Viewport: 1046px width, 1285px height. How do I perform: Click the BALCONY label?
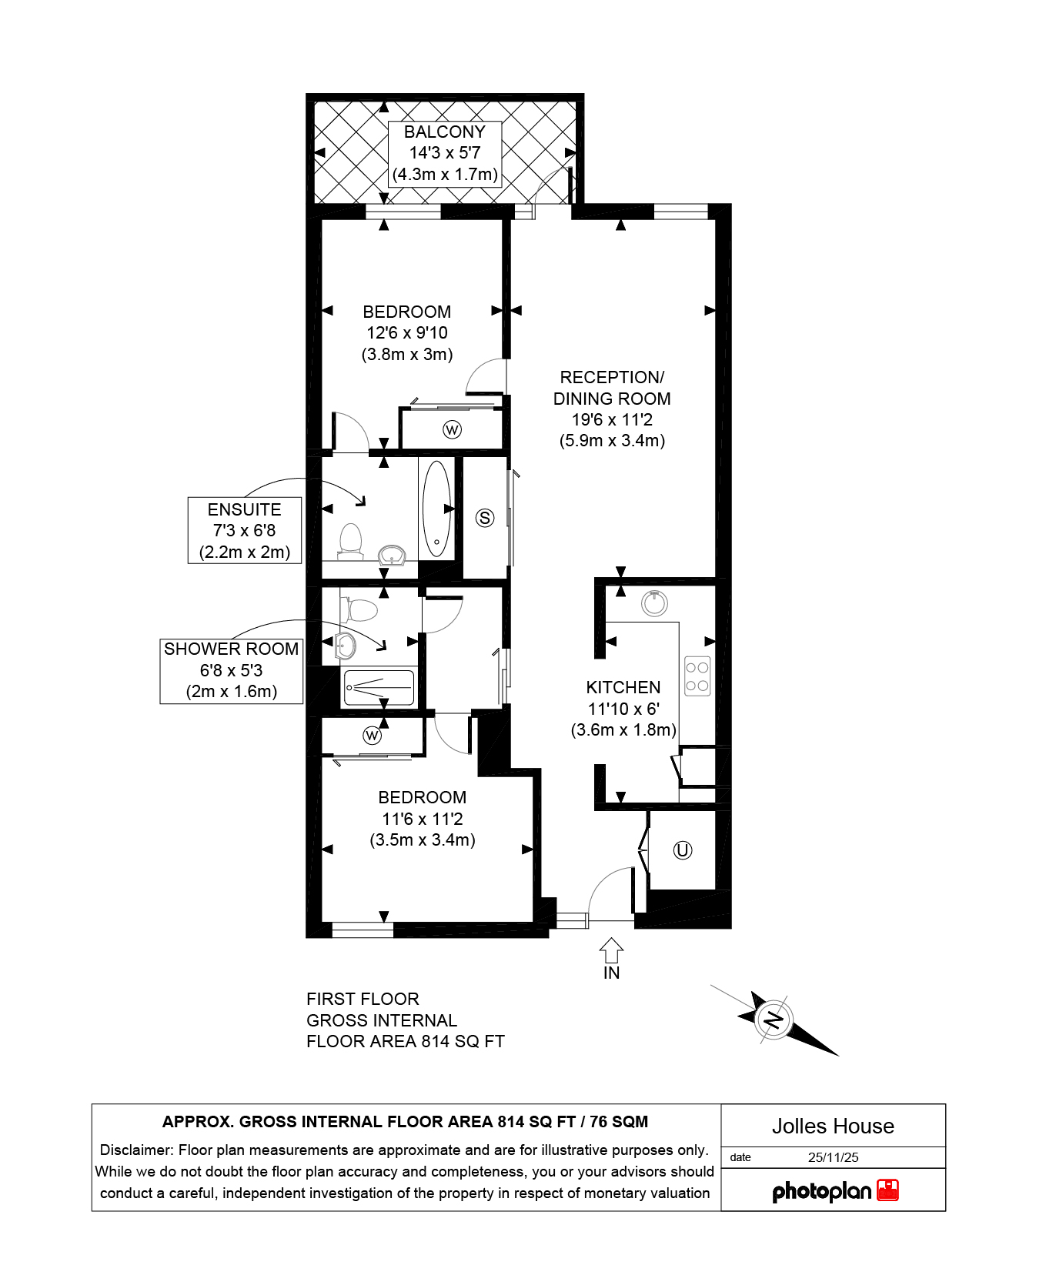coord(445,132)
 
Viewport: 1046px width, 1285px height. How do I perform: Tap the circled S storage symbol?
coord(485,518)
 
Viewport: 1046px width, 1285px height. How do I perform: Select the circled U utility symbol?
coord(683,850)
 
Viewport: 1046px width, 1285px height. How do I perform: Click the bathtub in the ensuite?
coord(436,508)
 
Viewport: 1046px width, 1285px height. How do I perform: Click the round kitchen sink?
coord(654,603)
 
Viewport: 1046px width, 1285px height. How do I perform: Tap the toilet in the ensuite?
coord(350,541)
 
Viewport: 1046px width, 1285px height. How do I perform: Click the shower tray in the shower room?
coord(379,687)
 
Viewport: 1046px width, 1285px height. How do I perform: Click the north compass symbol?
coord(774,1021)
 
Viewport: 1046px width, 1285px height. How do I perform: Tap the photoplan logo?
coord(835,1192)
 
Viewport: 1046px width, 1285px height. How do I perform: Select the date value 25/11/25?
coord(834,1157)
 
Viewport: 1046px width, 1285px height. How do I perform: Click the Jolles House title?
coord(833,1126)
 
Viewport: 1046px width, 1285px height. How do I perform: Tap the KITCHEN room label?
coord(623,687)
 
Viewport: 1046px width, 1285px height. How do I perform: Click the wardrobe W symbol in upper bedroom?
coord(452,429)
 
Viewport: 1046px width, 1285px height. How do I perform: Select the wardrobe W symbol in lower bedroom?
coord(372,736)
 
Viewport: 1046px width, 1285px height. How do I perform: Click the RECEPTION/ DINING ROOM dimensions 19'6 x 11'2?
coord(612,419)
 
